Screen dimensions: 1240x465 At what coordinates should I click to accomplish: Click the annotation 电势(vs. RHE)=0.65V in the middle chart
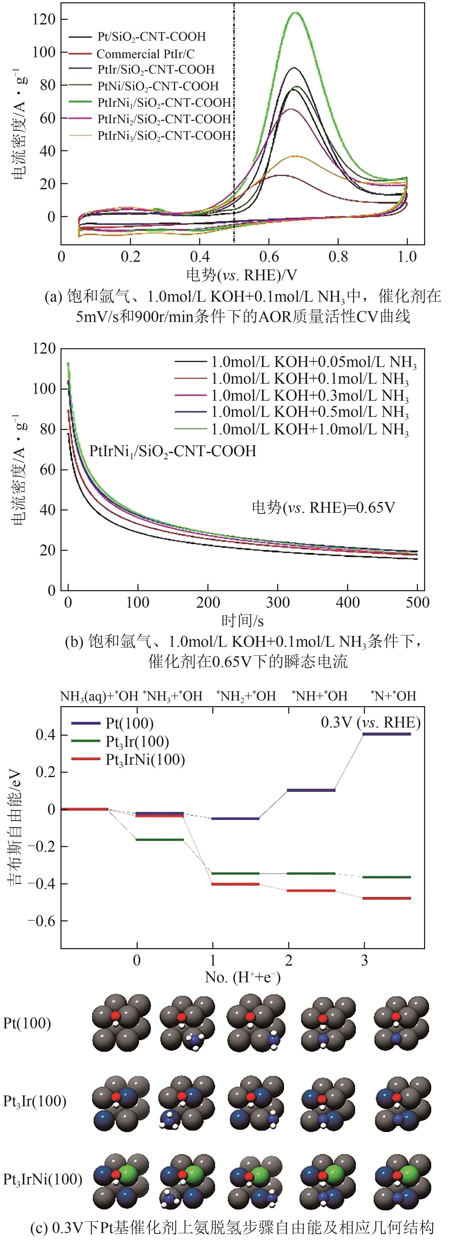click(x=323, y=507)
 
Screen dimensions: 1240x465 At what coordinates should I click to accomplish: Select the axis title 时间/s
click(x=242, y=621)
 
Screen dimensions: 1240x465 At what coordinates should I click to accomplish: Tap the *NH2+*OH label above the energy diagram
click(x=246, y=696)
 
